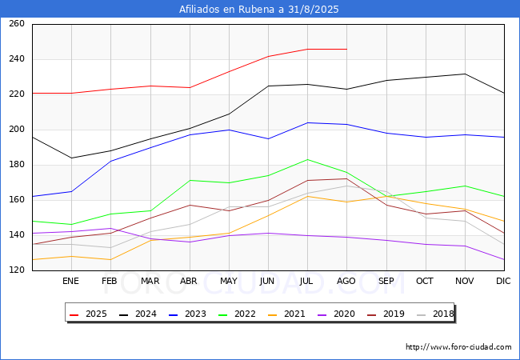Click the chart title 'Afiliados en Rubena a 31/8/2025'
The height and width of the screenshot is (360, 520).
259,9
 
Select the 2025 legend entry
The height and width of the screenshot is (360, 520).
88,314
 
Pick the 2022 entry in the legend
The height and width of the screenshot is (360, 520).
237,314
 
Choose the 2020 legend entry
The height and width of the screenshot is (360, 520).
336,314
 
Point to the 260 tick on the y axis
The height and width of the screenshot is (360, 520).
17,23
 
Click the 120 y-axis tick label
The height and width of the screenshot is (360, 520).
17,270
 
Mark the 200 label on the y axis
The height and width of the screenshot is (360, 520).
17,130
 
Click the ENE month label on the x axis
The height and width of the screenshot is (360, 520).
70,281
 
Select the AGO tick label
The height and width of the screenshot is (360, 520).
346,281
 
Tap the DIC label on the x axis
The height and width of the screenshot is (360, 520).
503,281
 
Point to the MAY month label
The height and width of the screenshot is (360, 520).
229,281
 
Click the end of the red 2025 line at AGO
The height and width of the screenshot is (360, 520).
347,49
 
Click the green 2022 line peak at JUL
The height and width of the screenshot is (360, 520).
308,159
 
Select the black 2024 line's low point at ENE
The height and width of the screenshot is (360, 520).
71,158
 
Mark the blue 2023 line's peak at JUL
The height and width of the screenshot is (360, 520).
308,122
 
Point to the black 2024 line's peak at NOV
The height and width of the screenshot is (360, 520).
466,74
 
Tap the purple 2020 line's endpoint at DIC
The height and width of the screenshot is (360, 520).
505,259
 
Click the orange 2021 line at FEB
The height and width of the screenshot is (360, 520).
110,259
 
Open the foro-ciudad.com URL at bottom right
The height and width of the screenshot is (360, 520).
458,346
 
